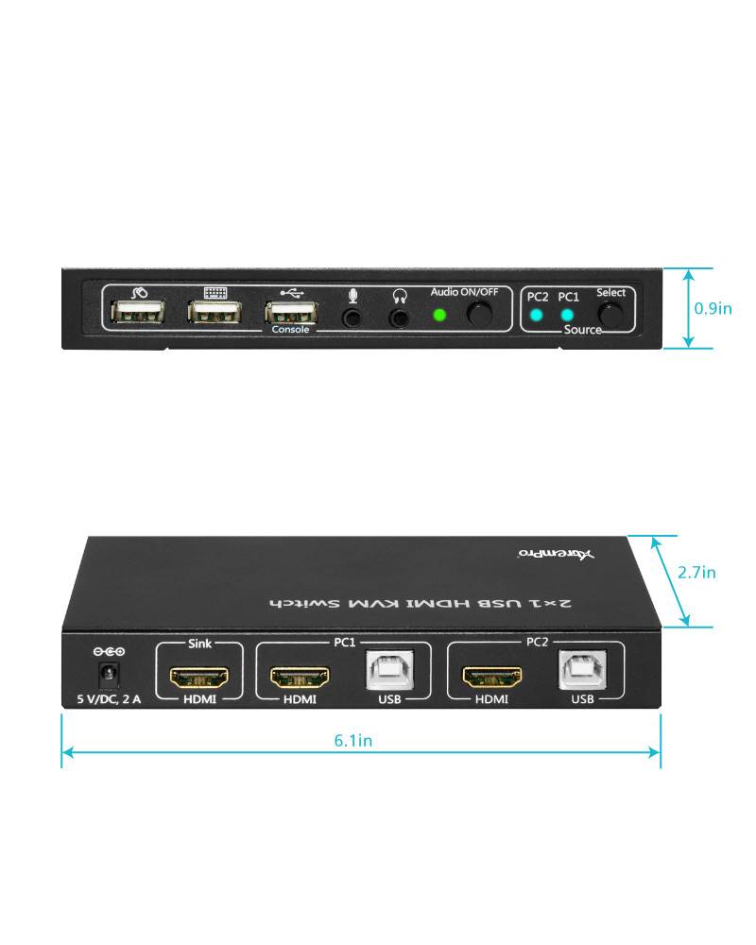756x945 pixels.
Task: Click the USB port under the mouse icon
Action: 137,314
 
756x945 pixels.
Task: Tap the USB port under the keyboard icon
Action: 214,314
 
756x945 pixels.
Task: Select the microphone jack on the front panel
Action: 352,317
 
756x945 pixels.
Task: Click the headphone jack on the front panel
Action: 401,317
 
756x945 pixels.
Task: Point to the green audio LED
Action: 439,315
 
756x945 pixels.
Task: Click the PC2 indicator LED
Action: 537,316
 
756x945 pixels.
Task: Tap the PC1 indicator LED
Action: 567,316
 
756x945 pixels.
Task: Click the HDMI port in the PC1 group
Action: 300,677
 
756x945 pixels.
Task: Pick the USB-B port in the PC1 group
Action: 389,672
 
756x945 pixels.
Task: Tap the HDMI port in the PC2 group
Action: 491,677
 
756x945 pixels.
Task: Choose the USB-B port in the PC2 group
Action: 582,670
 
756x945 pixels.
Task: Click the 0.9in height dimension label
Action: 713,308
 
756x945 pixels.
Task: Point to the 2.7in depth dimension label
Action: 696,573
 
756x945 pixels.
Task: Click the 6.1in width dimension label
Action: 352,741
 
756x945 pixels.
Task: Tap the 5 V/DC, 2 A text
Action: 109,700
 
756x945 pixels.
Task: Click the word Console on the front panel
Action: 290,330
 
